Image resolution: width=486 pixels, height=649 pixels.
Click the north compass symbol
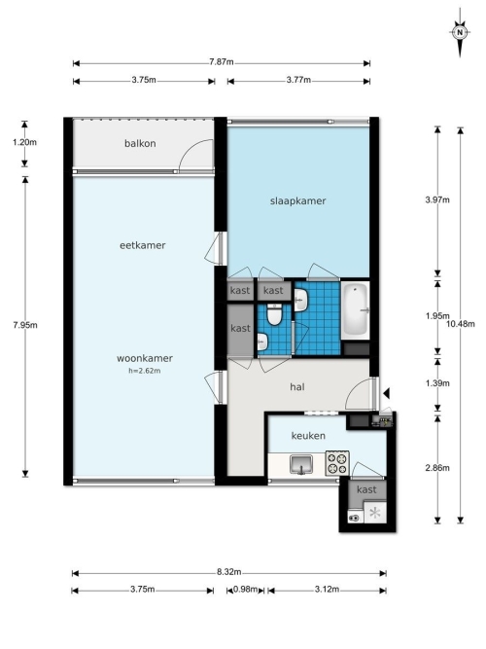click(460, 33)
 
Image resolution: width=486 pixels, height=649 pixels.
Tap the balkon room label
click(140, 144)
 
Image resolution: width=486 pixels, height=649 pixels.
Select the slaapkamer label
click(297, 201)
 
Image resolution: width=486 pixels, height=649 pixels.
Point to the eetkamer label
click(142, 245)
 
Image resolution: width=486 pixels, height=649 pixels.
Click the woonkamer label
click(145, 358)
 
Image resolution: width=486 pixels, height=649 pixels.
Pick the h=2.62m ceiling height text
click(145, 371)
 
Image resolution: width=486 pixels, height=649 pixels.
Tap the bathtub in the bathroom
click(355, 310)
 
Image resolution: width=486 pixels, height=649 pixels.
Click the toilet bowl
click(274, 314)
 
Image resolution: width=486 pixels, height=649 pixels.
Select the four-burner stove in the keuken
click(337, 463)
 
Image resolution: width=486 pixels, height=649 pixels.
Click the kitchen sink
click(301, 464)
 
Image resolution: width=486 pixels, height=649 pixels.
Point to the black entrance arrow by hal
click(386, 394)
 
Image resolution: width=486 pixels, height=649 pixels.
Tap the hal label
click(297, 387)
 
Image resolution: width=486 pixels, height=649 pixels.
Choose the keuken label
click(308, 436)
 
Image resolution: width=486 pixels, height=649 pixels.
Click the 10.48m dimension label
click(461, 324)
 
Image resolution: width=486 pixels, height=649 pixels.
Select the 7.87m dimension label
click(222, 62)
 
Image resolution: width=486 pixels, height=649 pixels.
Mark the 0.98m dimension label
click(245, 589)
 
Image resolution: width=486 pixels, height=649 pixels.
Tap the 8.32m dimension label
click(228, 572)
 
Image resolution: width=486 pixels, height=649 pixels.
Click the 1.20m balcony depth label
click(24, 142)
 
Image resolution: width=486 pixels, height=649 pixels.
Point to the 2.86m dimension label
click(437, 468)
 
